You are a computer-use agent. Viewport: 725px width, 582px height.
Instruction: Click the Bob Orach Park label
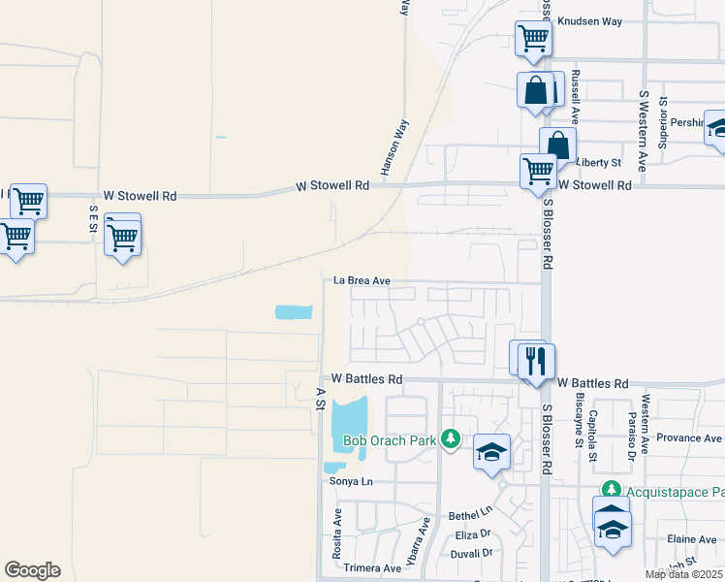tap(390, 441)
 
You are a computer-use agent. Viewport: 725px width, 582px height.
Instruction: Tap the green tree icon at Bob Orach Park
tap(450, 439)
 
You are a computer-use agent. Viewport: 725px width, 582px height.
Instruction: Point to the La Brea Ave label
tap(362, 280)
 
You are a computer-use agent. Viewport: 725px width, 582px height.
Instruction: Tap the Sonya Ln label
tap(351, 481)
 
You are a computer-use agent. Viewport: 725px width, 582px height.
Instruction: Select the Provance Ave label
tap(688, 438)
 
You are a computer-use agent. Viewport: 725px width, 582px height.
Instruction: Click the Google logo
tap(32, 570)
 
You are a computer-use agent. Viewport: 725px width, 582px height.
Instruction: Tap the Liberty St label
tap(598, 162)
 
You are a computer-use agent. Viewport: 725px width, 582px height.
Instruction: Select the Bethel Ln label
tap(471, 512)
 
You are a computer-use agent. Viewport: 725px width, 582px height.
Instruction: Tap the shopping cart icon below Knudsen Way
tap(533, 39)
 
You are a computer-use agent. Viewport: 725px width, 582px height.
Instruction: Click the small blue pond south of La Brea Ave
tap(294, 312)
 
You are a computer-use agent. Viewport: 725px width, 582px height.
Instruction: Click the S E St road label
tap(94, 219)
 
